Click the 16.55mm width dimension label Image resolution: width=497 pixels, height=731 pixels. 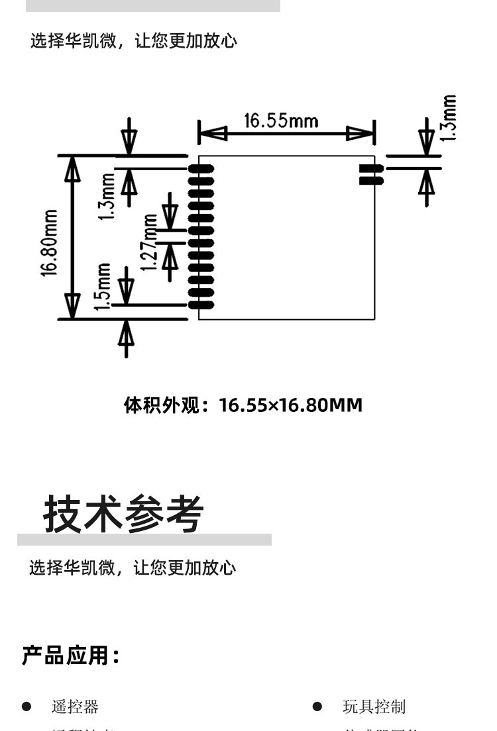coord(281,121)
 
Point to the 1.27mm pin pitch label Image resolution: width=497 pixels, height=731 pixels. coord(152,242)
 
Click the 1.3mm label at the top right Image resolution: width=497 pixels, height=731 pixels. coord(449,118)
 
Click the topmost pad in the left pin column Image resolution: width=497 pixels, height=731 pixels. coord(201,168)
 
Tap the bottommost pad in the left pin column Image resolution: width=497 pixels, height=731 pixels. coord(201,305)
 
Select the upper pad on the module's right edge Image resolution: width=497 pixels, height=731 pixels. coord(371,168)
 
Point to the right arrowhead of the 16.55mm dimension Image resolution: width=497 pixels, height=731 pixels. coord(360,134)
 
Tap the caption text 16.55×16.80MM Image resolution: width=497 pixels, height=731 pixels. coord(291,405)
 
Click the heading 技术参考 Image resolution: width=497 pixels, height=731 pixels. coord(124,514)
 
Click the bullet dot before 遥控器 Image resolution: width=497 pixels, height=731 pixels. coord(27,707)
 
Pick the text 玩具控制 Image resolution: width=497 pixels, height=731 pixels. coord(374,707)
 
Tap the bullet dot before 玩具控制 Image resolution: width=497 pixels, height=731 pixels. coord(317,707)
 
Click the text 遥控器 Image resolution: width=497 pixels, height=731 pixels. coord(75,707)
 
